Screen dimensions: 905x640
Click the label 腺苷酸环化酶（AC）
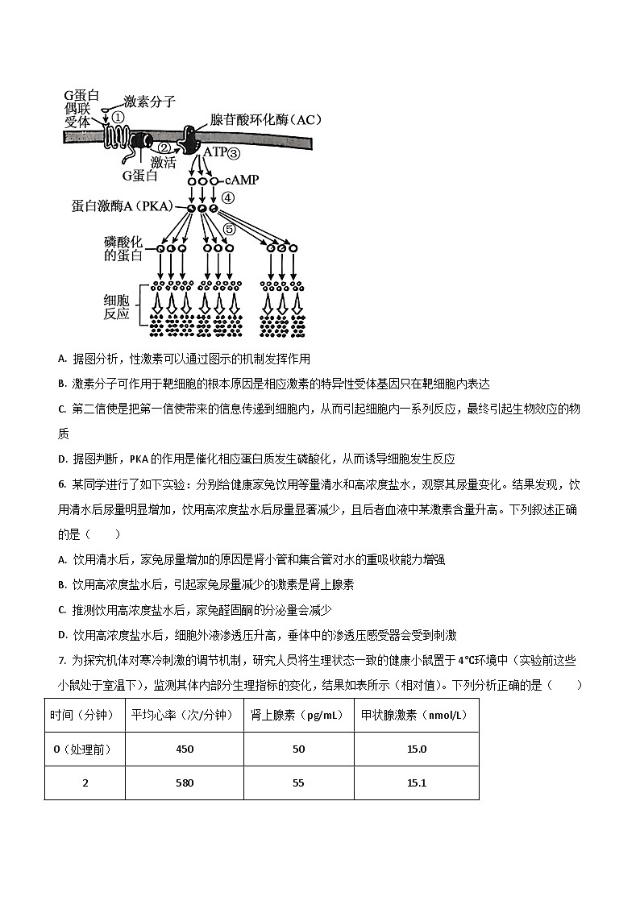click(x=265, y=120)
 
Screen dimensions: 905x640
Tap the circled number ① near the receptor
click(x=118, y=118)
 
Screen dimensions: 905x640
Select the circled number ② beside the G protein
click(x=164, y=147)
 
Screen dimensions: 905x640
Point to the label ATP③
click(x=222, y=152)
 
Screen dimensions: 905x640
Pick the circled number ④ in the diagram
click(x=229, y=197)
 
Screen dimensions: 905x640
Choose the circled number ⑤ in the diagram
click(x=228, y=230)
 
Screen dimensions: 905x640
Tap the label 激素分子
click(x=149, y=102)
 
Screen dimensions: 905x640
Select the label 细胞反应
click(x=117, y=306)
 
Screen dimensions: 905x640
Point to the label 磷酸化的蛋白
click(x=123, y=249)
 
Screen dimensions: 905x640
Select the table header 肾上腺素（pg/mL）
click(x=297, y=715)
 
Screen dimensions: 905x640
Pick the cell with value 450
click(x=185, y=749)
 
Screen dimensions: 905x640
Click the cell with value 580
click(x=185, y=783)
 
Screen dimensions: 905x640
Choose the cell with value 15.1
click(x=417, y=783)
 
